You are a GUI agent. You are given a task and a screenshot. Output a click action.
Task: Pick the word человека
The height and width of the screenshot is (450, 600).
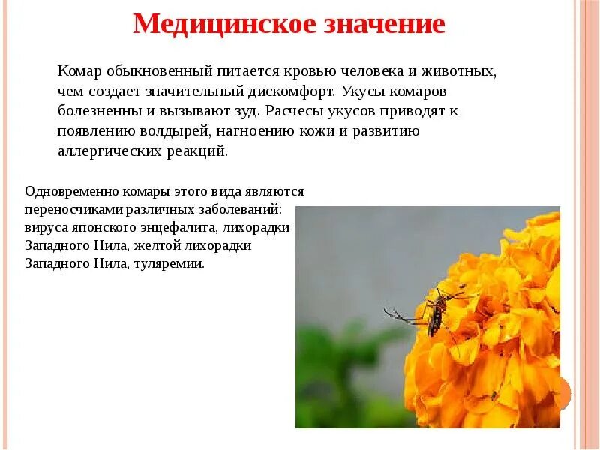pyautogui.click(x=385, y=71)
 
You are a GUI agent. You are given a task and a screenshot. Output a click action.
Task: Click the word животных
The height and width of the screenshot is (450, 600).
pyautogui.click(x=465, y=71)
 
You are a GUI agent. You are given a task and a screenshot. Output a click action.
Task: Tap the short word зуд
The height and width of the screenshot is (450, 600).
pyautogui.click(x=247, y=111)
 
